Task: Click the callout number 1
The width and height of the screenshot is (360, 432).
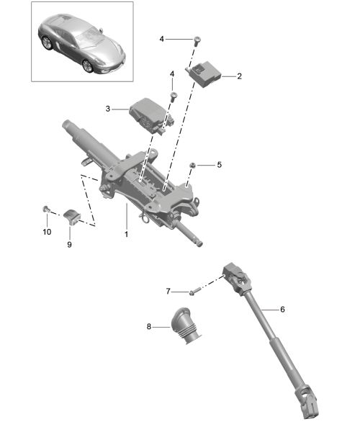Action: [127, 234]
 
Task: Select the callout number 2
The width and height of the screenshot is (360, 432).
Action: [239, 76]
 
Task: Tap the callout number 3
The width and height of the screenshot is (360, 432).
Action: [108, 109]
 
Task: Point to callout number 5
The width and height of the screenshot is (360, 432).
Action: [220, 165]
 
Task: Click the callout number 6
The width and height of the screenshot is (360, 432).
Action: [282, 310]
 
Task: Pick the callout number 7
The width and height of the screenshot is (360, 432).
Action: [168, 291]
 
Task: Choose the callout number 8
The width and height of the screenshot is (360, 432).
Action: [149, 327]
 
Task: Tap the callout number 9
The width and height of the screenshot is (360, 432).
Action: [69, 244]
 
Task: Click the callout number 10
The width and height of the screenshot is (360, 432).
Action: [47, 232]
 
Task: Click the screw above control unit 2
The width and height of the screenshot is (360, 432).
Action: [197, 40]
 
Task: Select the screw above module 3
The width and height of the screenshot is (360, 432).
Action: [174, 96]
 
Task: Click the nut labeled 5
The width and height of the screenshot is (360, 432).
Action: [192, 166]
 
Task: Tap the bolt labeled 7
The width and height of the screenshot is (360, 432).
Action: [194, 292]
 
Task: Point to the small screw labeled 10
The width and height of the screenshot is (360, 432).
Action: [46, 209]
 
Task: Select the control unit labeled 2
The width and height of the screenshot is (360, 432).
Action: [204, 73]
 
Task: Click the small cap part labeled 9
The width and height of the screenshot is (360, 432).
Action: [71, 217]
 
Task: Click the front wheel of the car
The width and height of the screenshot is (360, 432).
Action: [88, 66]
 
